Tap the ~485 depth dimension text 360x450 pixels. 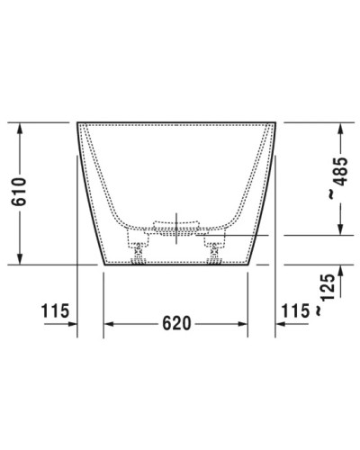pyautogui.click(x=337, y=178)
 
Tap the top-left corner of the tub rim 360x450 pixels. pyautogui.click(x=76, y=121)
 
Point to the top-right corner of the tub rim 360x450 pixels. pyautogui.click(x=275, y=121)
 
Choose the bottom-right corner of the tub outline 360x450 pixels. pyautogui.click(x=247, y=265)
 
